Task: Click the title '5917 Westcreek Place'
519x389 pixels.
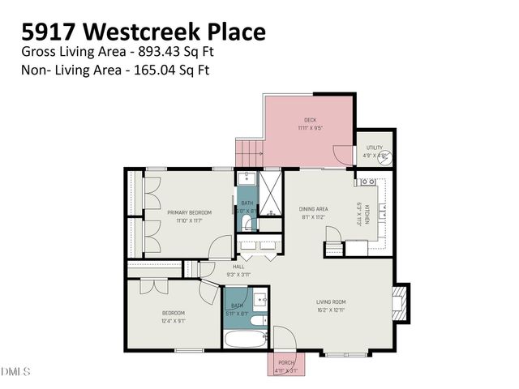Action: [144, 32]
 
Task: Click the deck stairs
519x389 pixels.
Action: [248, 152]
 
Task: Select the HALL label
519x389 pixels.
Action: [238, 266]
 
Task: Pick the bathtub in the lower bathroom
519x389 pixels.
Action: [244, 338]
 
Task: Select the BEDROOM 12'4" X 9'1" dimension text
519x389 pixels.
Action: [174, 320]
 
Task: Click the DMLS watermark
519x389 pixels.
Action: [15, 372]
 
